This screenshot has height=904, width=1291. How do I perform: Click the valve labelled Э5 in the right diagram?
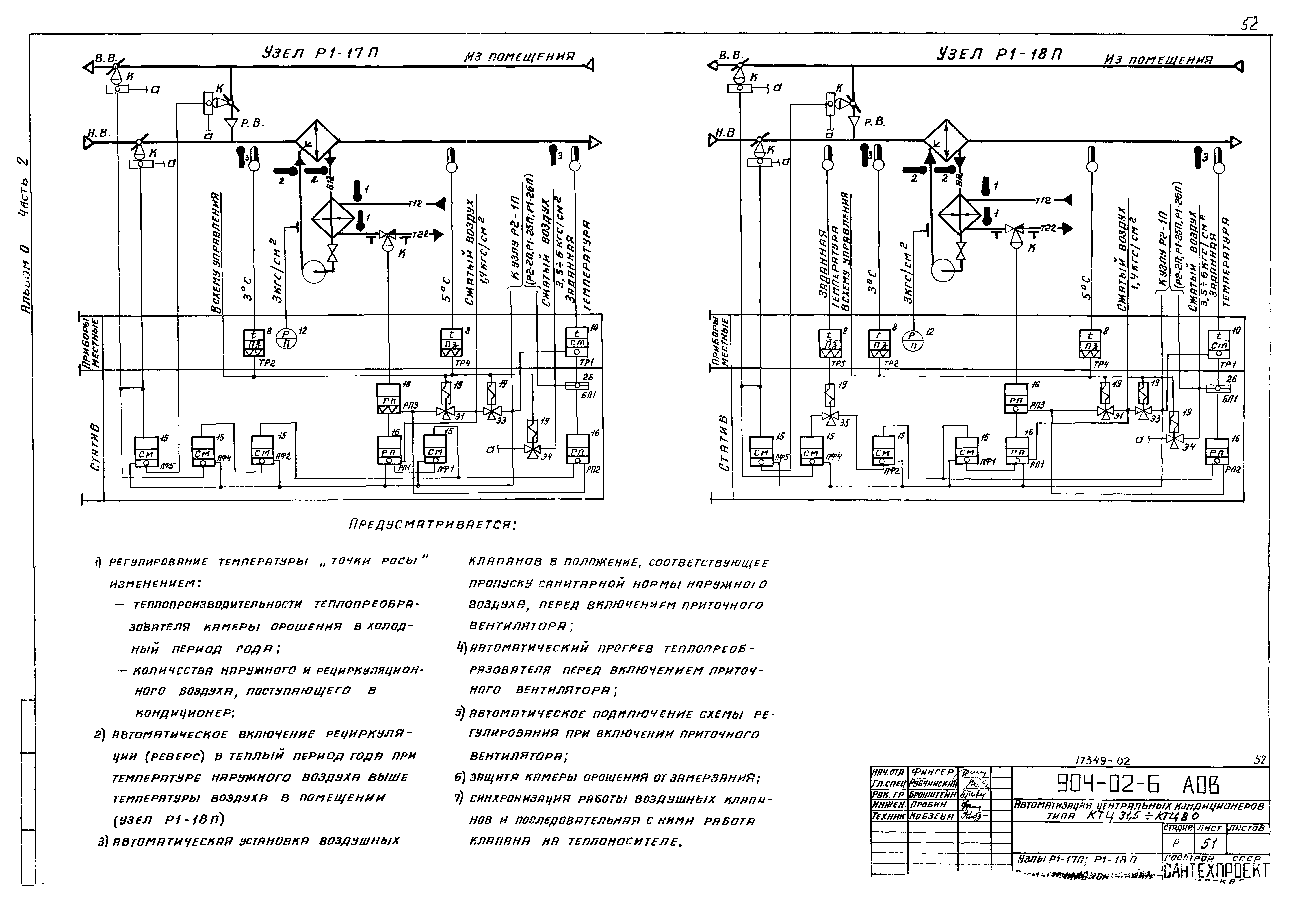(x=829, y=417)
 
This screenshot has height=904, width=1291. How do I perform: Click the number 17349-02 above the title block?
(x=1102, y=761)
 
